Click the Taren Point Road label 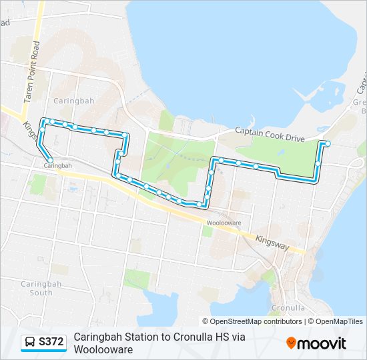32,71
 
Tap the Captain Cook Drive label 270,135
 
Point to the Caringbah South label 37,288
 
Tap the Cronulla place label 288,308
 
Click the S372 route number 51,342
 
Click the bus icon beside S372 31,342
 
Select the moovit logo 316,343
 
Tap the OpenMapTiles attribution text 338,321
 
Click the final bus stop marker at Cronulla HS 327,143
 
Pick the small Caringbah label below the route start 57,165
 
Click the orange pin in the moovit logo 292,343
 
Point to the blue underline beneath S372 43,351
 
